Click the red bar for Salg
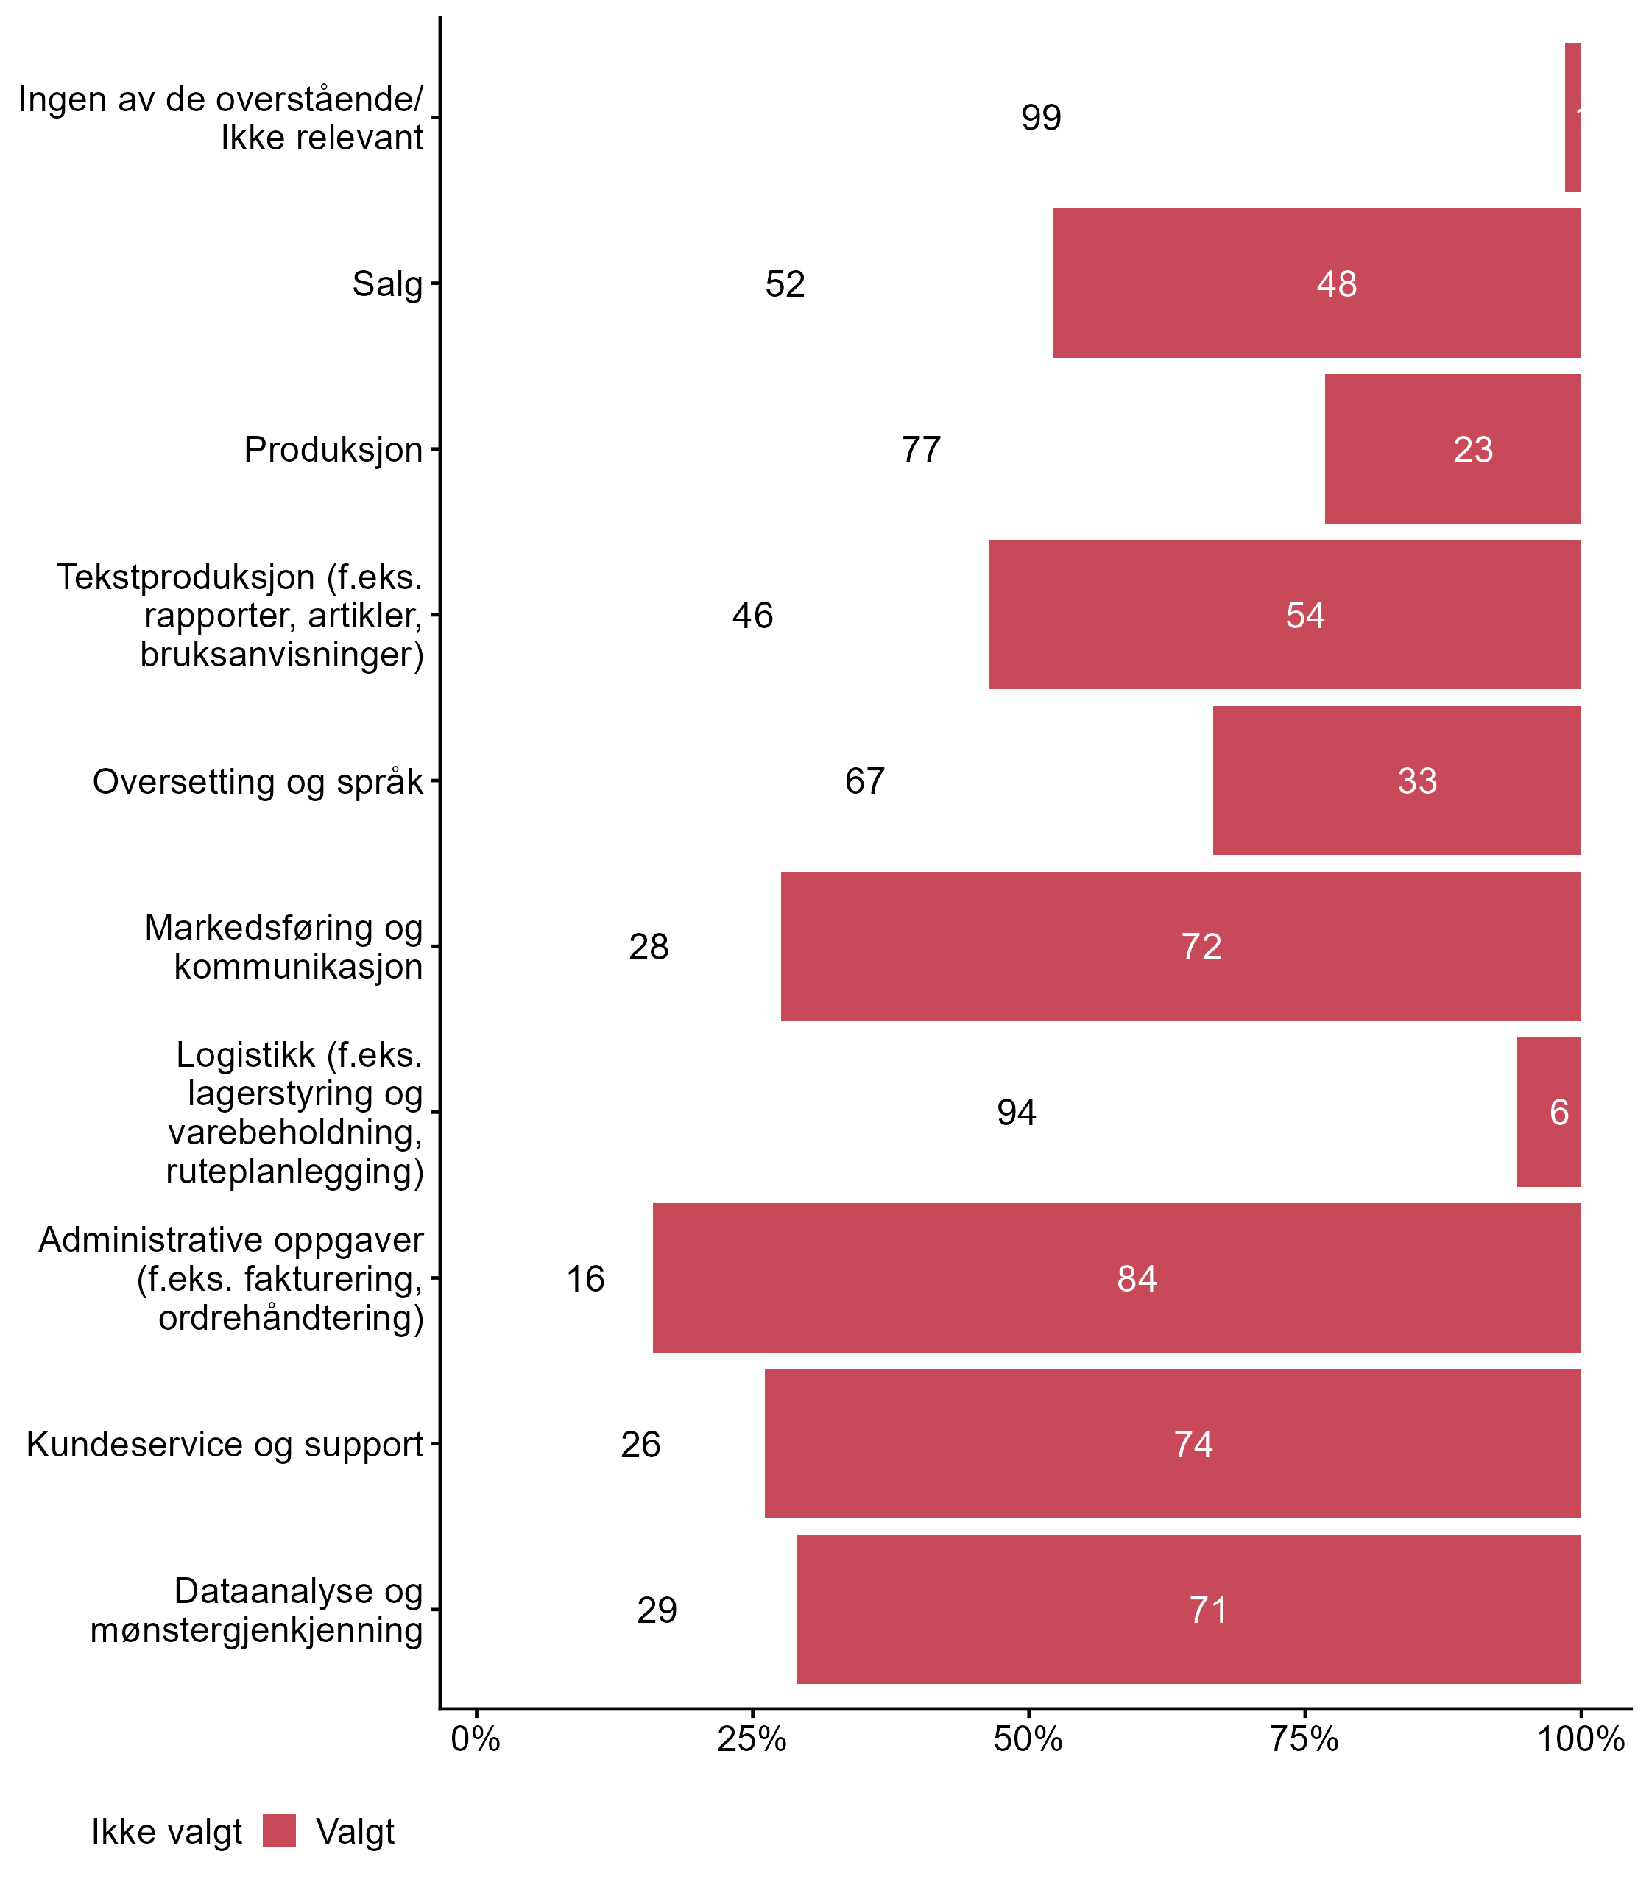pyautogui.click(x=1316, y=283)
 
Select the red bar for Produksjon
pyautogui.click(x=1452, y=449)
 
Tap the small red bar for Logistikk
pyautogui.click(x=1549, y=1113)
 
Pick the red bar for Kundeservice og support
pyautogui.click(x=1172, y=1444)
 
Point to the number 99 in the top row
pyautogui.click(x=1041, y=118)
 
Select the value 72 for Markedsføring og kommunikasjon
pyautogui.click(x=1201, y=947)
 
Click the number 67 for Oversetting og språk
pyautogui.click(x=864, y=781)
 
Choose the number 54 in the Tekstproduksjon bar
pyautogui.click(x=1304, y=616)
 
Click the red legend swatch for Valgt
pyautogui.click(x=279, y=1832)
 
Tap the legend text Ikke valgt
pyautogui.click(x=166, y=1833)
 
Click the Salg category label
pyautogui.click(x=387, y=284)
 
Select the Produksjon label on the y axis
pyautogui.click(x=333, y=450)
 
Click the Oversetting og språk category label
pyautogui.click(x=258, y=782)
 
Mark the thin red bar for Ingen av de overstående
pyautogui.click(x=1572, y=118)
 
